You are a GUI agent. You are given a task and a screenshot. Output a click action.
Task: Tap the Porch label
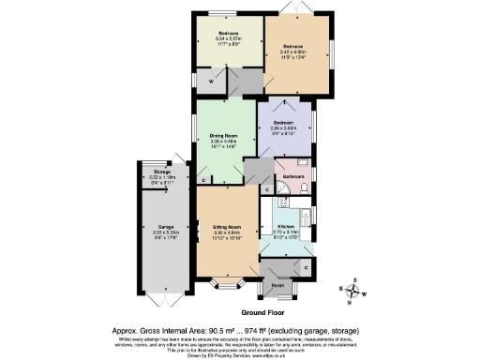pyautogui.click(x=277, y=284)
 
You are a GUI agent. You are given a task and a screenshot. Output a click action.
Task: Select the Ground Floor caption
pyautogui.click(x=264, y=311)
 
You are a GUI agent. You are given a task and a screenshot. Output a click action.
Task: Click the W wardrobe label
pyautogui.click(x=212, y=81)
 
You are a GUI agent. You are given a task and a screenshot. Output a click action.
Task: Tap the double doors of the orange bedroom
pyautogui.click(x=289, y=10)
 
